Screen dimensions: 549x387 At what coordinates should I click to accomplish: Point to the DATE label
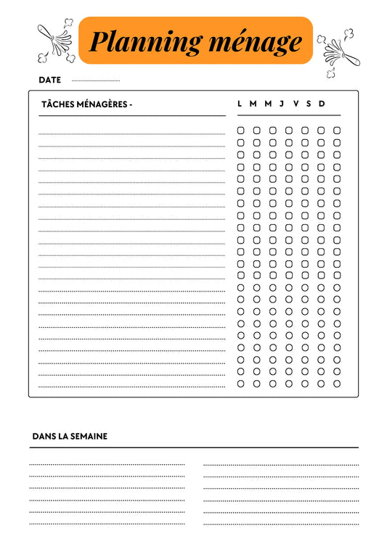(x=49, y=80)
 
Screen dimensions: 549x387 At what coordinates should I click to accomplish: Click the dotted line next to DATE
(x=96, y=81)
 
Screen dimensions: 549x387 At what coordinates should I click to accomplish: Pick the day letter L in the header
(x=240, y=104)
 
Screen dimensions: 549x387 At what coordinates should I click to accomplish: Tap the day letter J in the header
(x=282, y=104)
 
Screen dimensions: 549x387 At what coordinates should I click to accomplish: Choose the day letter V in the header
(x=296, y=104)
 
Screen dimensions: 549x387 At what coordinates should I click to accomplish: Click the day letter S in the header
(x=309, y=104)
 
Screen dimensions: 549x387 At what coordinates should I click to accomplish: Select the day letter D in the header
(x=322, y=104)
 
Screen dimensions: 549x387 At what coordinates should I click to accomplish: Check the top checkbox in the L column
(x=241, y=131)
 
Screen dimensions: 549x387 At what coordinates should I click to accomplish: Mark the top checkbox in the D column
(x=337, y=131)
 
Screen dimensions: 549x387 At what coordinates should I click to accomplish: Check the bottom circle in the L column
(x=241, y=384)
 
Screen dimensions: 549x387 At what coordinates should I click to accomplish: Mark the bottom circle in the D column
(x=337, y=384)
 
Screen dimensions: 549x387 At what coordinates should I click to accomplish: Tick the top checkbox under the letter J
(x=289, y=131)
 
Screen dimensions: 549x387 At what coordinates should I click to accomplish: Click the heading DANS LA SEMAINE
(x=70, y=437)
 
